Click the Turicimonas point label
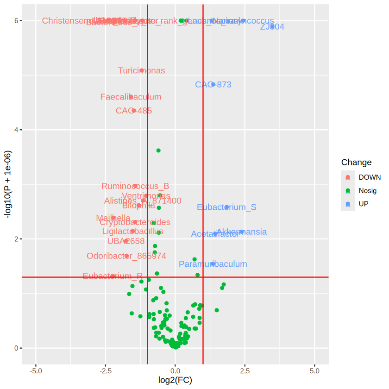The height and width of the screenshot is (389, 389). [141, 71]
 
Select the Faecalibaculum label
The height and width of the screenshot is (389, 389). [131, 97]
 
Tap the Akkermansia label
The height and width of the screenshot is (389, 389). [242, 232]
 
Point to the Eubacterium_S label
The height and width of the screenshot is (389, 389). [226, 207]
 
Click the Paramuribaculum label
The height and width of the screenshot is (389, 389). [213, 264]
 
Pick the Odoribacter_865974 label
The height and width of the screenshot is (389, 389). [126, 256]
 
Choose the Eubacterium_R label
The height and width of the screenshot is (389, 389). [113, 276]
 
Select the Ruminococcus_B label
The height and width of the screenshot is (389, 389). [135, 187]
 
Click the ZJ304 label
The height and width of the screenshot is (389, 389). [272, 27]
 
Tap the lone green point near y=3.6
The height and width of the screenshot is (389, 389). [158, 151]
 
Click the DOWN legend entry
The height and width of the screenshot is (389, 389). [370, 177]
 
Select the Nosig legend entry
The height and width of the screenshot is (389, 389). [368, 190]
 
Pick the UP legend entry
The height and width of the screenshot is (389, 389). [364, 204]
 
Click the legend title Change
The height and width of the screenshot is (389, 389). [356, 163]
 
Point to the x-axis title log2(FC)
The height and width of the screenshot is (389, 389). [175, 381]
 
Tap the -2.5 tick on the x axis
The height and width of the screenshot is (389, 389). [106, 371]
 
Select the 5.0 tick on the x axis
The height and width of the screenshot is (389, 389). [314, 371]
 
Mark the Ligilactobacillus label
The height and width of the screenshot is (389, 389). [132, 232]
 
